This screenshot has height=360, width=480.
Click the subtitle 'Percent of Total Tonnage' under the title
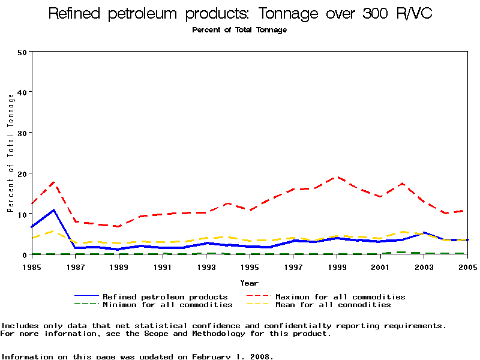[x=239, y=30]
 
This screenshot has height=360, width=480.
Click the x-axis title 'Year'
[x=249, y=283]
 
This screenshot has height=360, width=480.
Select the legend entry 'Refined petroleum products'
[x=165, y=296]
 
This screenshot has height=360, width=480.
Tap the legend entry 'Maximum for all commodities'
[x=340, y=296]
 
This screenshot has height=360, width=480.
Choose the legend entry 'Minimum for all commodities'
[x=167, y=305]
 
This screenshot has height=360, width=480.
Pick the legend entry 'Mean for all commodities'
[x=333, y=305]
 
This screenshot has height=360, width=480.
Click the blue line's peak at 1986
[x=53, y=210]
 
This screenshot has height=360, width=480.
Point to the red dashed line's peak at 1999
[x=337, y=177]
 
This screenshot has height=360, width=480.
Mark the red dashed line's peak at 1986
[x=53, y=182]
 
